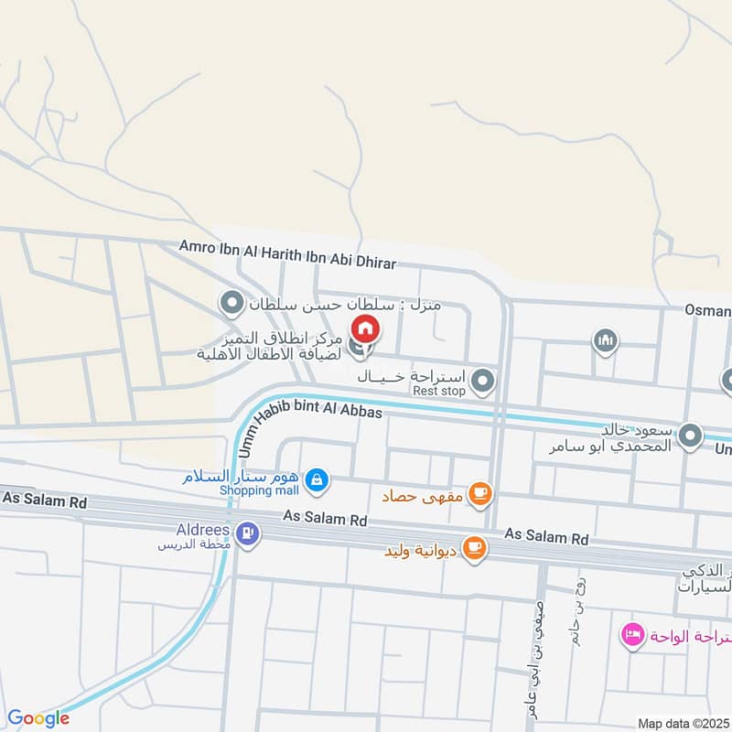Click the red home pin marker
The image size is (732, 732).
pyautogui.click(x=364, y=328)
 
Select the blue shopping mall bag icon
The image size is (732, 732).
pyautogui.click(x=316, y=478)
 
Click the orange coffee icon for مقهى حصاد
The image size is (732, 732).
pyautogui.click(x=479, y=495)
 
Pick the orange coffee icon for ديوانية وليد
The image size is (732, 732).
pyautogui.click(x=473, y=547)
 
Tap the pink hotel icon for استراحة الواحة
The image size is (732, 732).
pyautogui.click(x=631, y=634)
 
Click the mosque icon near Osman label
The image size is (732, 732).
pyautogui.click(x=604, y=342)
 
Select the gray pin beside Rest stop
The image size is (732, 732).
pyautogui.click(x=484, y=379)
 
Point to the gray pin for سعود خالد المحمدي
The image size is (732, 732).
pyautogui.click(x=692, y=436)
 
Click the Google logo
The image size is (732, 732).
pyautogui.click(x=38, y=718)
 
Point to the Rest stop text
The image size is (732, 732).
pyautogui.click(x=439, y=391)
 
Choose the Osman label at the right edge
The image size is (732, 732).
pyautogui.click(x=708, y=310)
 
